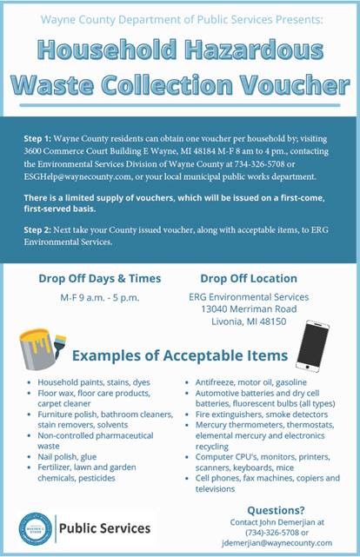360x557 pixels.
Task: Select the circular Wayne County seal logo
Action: pos(36,527)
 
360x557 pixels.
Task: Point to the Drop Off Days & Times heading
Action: pos(99,279)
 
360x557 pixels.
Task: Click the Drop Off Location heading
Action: pos(249,279)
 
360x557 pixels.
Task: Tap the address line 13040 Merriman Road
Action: pos(249,308)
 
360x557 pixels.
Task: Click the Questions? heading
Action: pos(276,510)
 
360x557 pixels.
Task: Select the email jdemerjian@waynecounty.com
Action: pos(277,542)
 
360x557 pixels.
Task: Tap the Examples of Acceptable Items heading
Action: pos(180,355)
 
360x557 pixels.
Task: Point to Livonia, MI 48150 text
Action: pos(249,321)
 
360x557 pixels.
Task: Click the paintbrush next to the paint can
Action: pos(58,344)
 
